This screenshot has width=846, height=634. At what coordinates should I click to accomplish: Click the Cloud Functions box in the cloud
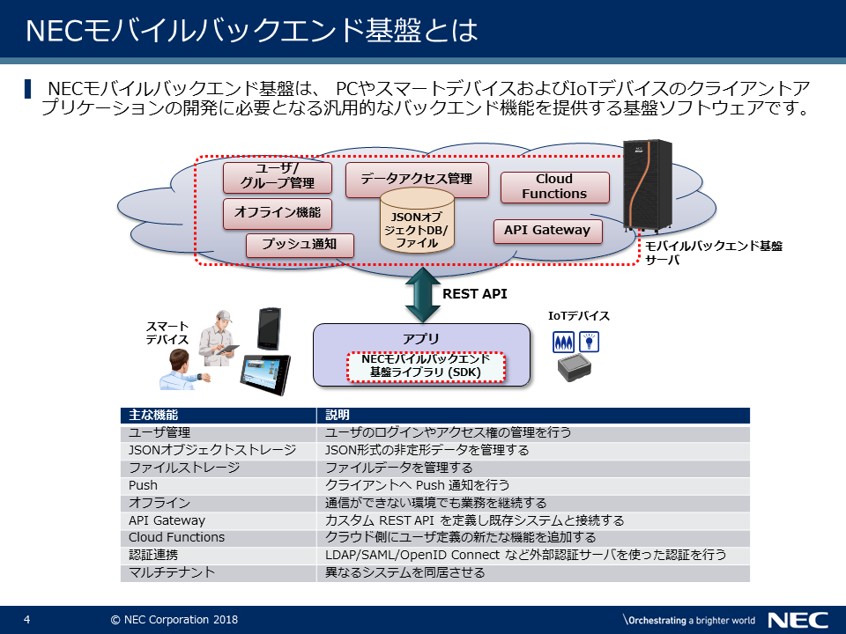coord(554,187)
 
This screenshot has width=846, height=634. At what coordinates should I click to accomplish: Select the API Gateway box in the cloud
coord(547,231)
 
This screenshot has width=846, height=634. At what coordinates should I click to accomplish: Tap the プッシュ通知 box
coord(300,244)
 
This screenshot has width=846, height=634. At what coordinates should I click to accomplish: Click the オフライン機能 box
coord(277,212)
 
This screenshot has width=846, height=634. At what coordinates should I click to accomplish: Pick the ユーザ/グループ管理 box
coord(277,177)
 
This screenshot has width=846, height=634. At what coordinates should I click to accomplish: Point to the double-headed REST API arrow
coord(421,294)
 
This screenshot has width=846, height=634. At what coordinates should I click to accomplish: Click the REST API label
coord(474,294)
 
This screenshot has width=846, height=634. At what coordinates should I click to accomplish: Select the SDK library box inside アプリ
coord(427,366)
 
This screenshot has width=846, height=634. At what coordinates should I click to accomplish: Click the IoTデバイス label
coord(579,316)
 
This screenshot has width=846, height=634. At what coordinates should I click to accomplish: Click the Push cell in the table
coord(144,485)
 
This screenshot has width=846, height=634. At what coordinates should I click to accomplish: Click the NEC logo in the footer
coord(798,620)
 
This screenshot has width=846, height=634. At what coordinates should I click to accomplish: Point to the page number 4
coord(27,620)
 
